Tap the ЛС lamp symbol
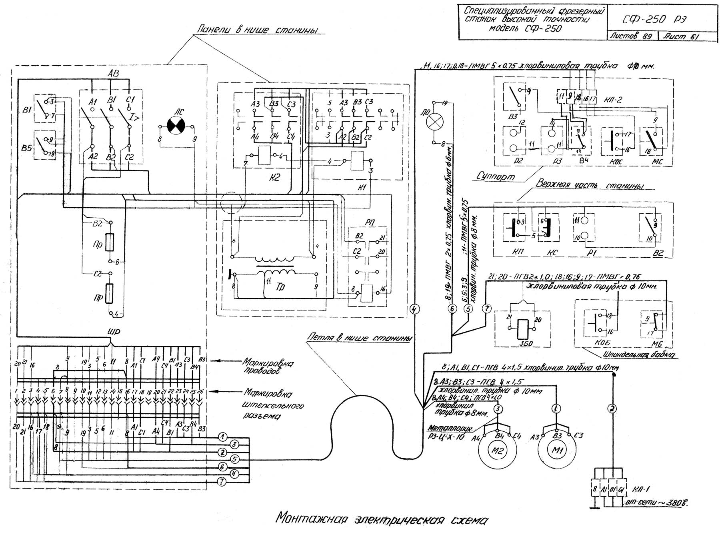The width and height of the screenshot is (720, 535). point(176,127)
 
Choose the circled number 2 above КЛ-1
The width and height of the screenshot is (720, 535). point(612,409)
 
